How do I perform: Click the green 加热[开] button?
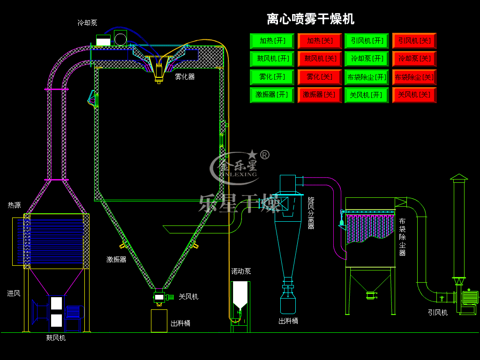tap(272, 41)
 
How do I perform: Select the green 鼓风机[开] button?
tap(272, 59)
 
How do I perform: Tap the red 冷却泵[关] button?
tap(414, 59)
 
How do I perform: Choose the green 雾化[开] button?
tap(272, 76)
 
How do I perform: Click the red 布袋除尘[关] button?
tap(414, 76)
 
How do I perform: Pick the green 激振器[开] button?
tap(272, 95)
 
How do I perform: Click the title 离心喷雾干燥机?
tap(310, 19)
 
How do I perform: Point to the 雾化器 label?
tap(185, 76)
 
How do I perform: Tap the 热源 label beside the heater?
tap(14, 205)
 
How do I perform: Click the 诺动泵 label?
tap(241, 271)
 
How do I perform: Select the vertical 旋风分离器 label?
tap(311, 213)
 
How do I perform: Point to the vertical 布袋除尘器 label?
tap(402, 237)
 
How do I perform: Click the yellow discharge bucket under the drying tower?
tap(159, 321)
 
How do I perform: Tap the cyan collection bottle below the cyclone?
tap(288, 304)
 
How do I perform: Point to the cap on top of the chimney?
tap(459, 177)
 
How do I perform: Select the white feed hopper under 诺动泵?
tap(240, 294)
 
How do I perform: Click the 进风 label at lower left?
tap(14, 293)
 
